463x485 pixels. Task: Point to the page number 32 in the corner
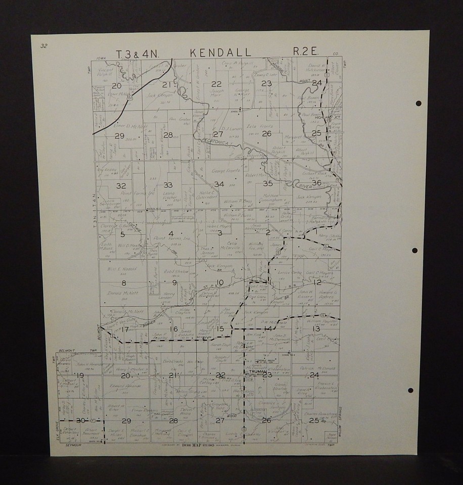[x=44, y=46]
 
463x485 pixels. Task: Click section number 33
[x=168, y=185]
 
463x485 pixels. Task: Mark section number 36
[x=317, y=182]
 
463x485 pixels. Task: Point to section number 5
[x=122, y=233]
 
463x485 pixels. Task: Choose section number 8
[x=123, y=283]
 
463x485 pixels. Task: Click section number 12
[x=317, y=282]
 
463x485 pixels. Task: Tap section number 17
[x=125, y=330]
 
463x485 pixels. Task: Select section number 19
[x=80, y=375]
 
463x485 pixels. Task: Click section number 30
[x=80, y=420]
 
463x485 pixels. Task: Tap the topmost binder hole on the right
[x=419, y=104]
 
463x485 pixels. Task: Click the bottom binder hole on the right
[x=411, y=391]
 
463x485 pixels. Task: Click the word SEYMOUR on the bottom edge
[x=68, y=445]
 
